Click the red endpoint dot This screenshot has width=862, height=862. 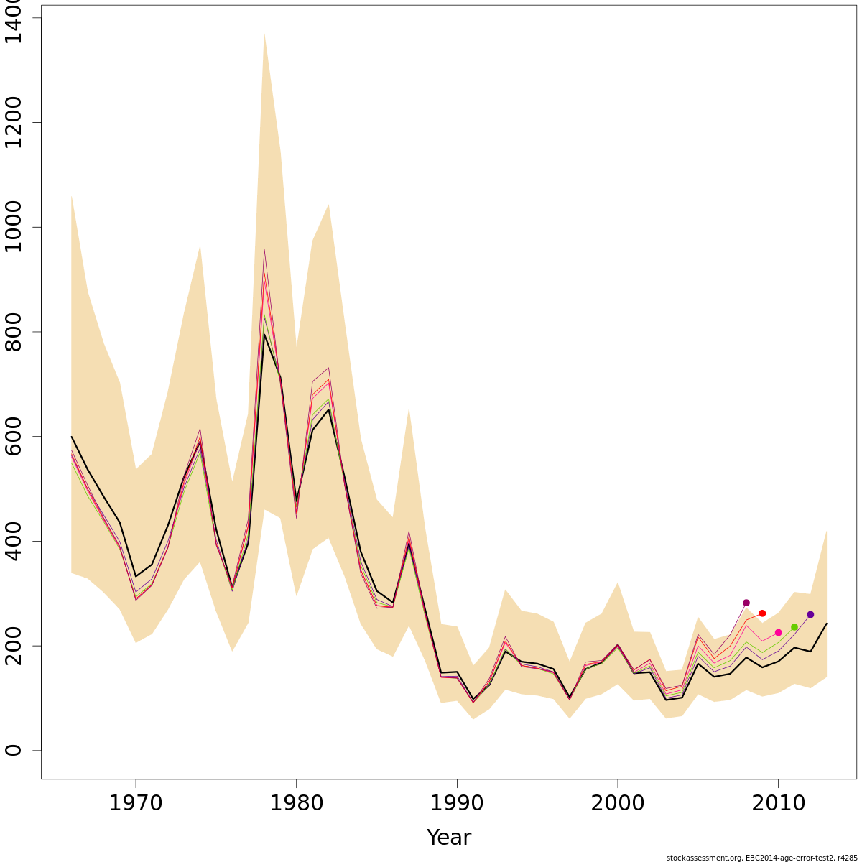coord(762,613)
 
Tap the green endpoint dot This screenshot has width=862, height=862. coord(794,627)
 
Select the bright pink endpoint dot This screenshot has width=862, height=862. coord(778,633)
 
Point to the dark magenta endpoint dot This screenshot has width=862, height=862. coord(746,603)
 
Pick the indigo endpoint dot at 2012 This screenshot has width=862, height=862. coord(810,615)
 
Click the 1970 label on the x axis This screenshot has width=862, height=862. coord(136,803)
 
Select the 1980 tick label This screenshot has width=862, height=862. coord(296,803)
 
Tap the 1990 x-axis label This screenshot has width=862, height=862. coord(457,803)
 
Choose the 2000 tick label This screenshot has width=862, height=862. coord(618,803)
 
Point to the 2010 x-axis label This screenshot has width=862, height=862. coord(778,803)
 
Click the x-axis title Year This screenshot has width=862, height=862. coord(449,838)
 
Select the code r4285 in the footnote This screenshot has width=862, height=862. coord(846,858)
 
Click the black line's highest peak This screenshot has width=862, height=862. coord(264,335)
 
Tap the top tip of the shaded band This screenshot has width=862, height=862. coord(264,34)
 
